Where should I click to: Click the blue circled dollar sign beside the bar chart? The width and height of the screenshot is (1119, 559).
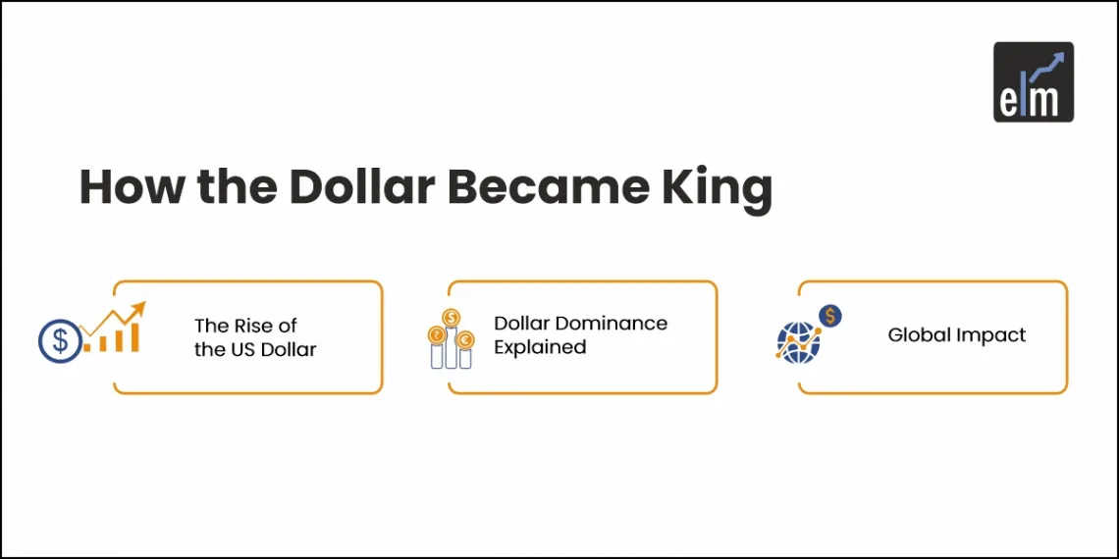[x=60, y=340]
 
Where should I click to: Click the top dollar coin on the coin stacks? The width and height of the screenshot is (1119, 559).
[x=451, y=317]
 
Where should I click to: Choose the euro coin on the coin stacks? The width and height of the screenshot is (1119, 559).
[x=465, y=340]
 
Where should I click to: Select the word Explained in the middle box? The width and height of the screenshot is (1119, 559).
[x=540, y=347]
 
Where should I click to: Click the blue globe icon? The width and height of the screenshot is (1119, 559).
[x=797, y=342]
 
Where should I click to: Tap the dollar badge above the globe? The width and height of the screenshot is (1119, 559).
[x=830, y=316]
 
